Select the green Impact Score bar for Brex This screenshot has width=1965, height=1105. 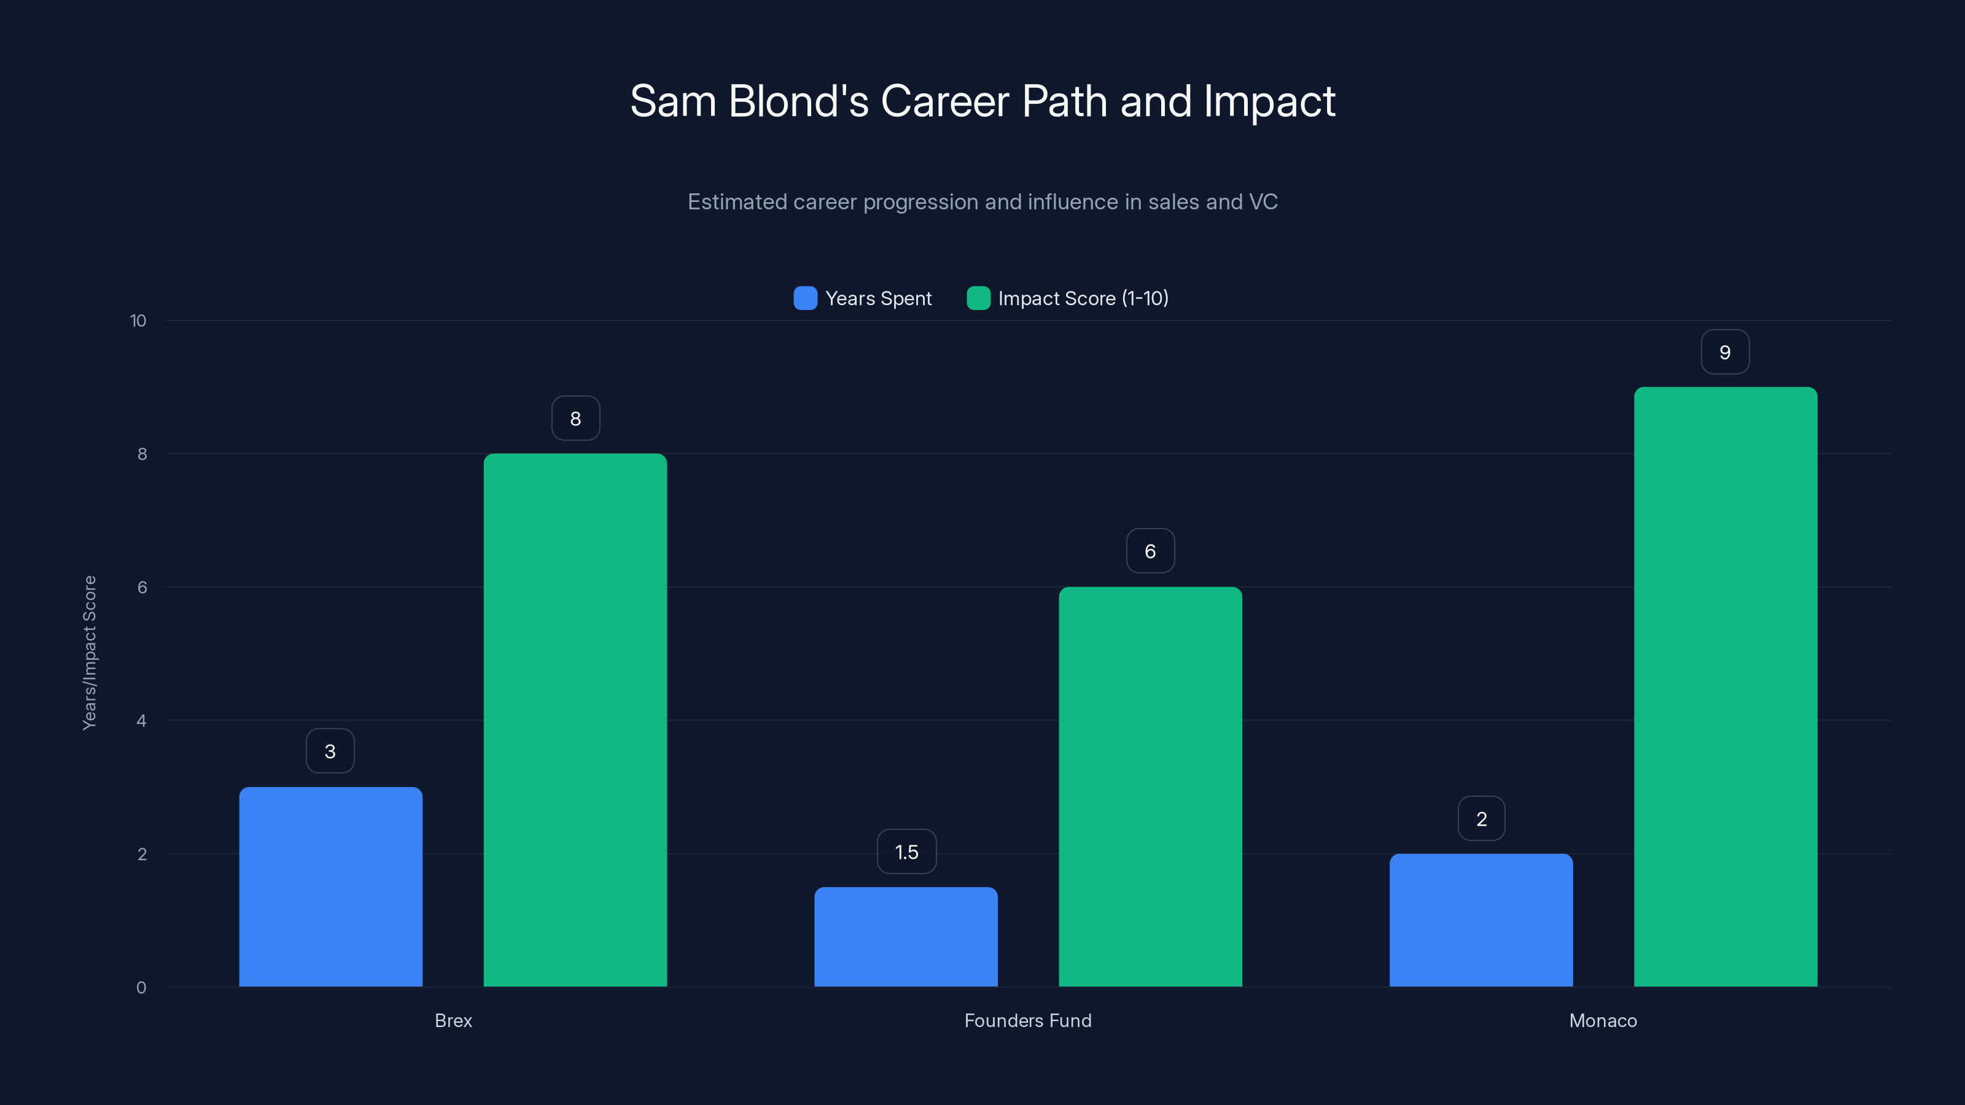pyautogui.click(x=575, y=720)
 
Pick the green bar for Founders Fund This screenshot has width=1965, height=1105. pyautogui.click(x=1150, y=786)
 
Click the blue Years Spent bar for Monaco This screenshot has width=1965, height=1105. pyautogui.click(x=1481, y=920)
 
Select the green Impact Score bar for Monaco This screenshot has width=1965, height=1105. pyautogui.click(x=1726, y=686)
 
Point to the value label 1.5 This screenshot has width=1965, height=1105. pyautogui.click(x=906, y=852)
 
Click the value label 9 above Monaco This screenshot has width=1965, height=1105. pyautogui.click(x=1725, y=352)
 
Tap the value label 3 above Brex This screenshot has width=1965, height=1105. pyautogui.click(x=330, y=751)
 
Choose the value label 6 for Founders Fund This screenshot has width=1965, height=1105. pyautogui.click(x=1150, y=551)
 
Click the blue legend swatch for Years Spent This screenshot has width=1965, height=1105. pyautogui.click(x=805, y=298)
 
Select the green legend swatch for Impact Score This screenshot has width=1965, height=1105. pyautogui.click(x=978, y=298)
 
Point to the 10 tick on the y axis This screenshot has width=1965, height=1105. pyautogui.click(x=138, y=321)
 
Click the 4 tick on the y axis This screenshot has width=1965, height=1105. pyautogui.click(x=141, y=721)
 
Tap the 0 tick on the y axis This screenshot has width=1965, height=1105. pyautogui.click(x=141, y=988)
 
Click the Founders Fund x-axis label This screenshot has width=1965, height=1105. pyautogui.click(x=1027, y=1020)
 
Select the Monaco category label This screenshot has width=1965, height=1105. pyautogui.click(x=1603, y=1020)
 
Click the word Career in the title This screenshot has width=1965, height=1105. pyautogui.click(x=944, y=101)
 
